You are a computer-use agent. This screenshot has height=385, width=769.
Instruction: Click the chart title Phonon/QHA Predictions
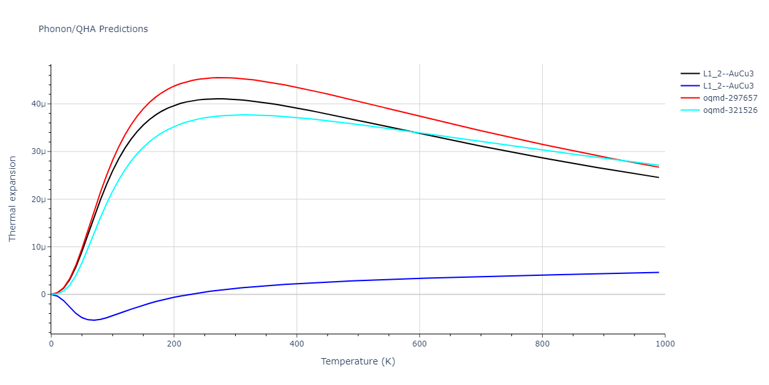(x=93, y=29)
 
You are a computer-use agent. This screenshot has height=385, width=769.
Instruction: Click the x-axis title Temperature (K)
(x=358, y=361)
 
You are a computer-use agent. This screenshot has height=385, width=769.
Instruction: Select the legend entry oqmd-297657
(x=730, y=98)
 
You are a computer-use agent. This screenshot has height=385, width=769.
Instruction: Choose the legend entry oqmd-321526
(x=730, y=110)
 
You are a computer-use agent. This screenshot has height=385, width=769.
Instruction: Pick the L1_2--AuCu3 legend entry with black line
(x=728, y=74)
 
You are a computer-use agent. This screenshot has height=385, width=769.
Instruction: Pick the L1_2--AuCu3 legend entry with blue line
(x=728, y=86)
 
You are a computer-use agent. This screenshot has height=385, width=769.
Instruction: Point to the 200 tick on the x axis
(x=174, y=343)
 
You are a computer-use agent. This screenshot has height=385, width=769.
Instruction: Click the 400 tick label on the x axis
(x=297, y=343)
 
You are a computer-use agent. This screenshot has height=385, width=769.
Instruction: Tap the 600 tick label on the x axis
(x=419, y=343)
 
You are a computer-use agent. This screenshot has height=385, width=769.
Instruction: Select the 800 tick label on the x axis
(x=542, y=343)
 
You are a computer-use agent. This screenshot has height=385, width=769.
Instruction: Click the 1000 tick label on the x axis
(x=665, y=343)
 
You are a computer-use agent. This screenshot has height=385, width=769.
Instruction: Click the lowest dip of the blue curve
(x=94, y=320)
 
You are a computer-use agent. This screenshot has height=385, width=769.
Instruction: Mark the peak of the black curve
(x=219, y=99)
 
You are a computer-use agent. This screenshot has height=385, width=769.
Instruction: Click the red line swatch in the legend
(x=690, y=98)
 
